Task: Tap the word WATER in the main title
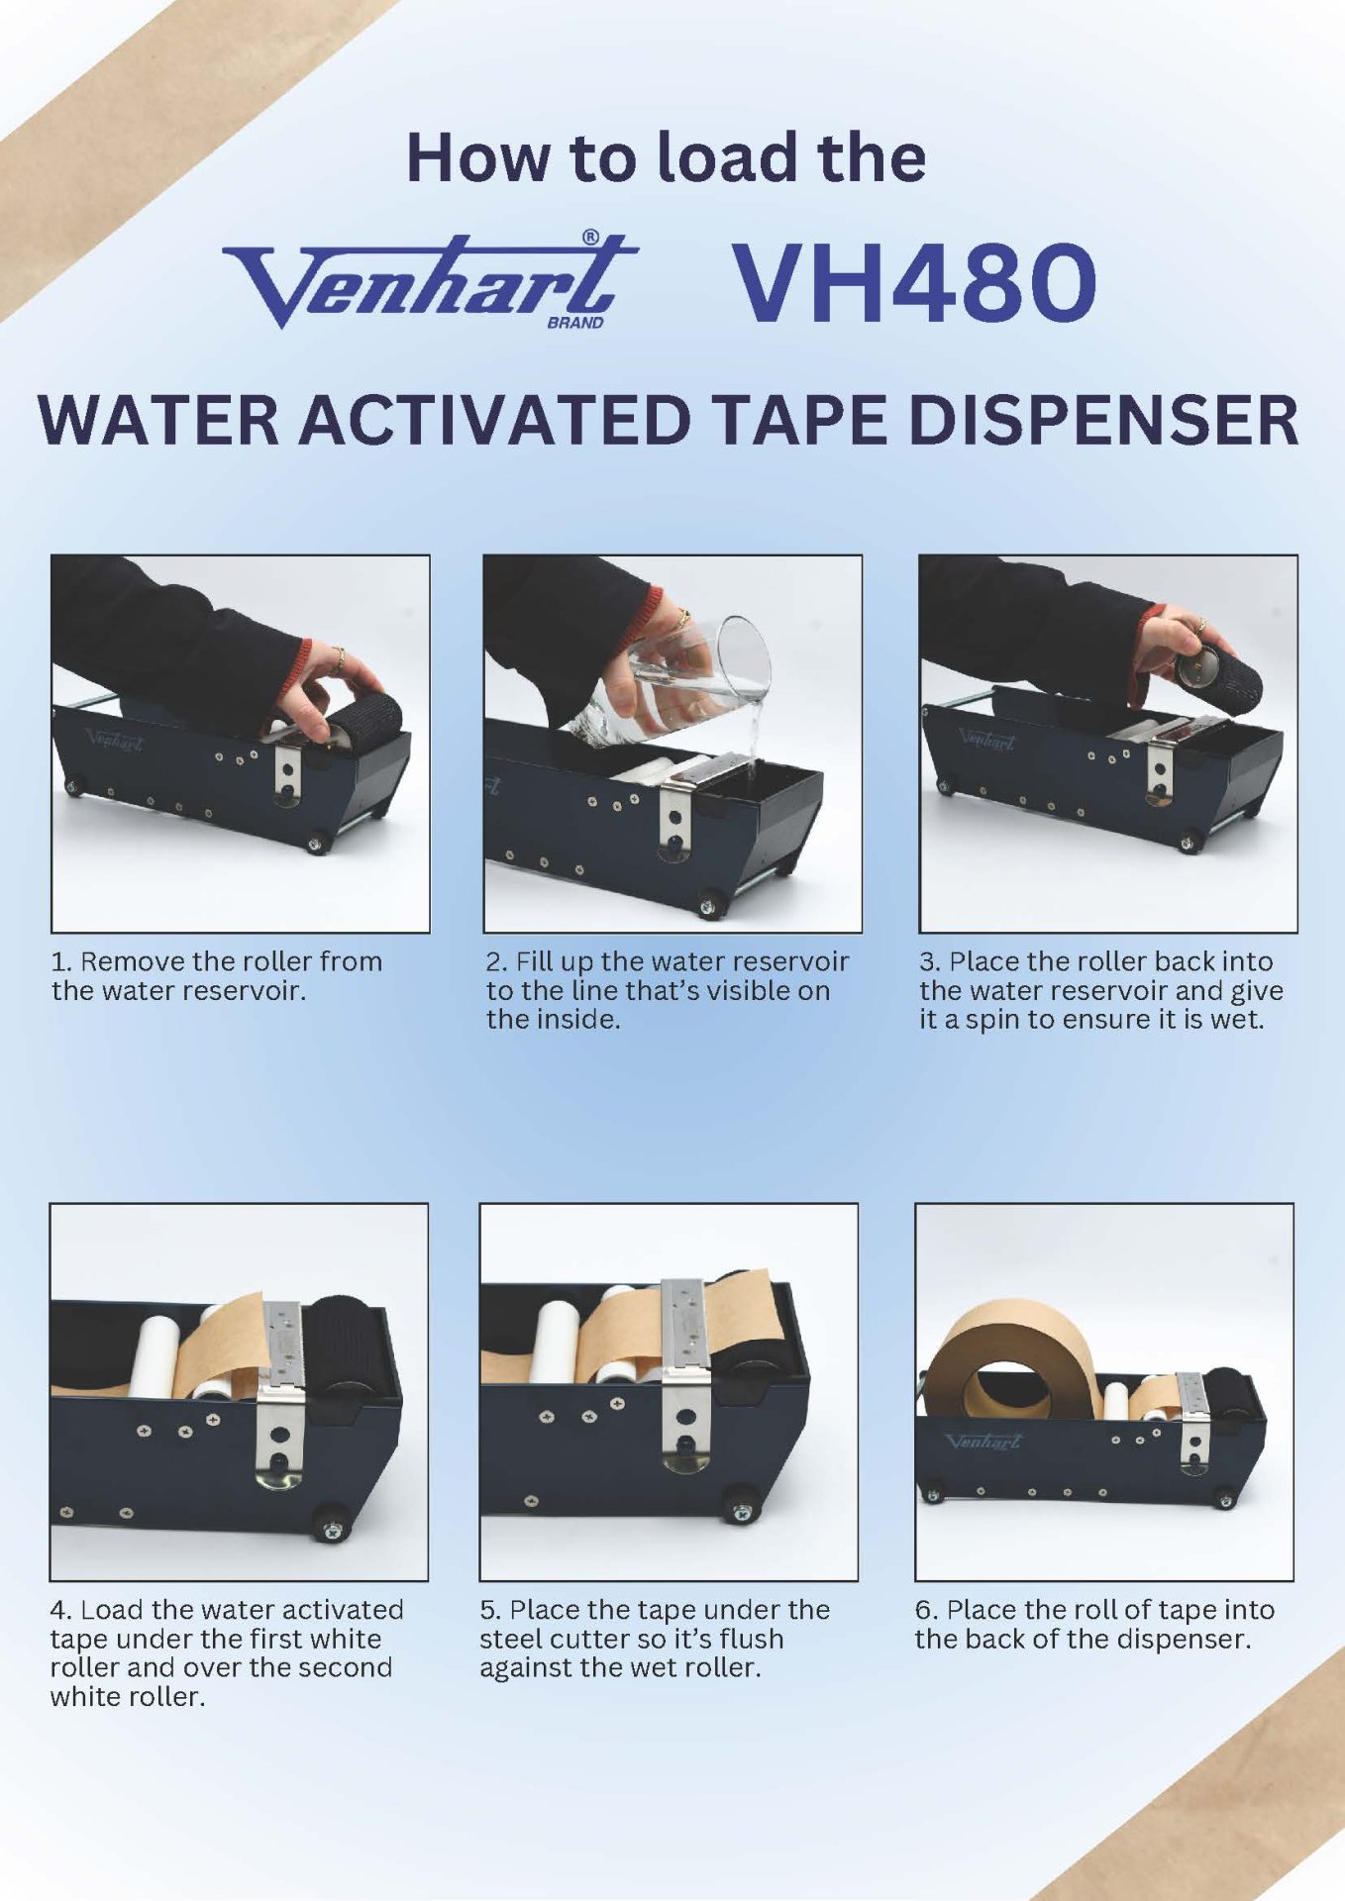tap(159, 420)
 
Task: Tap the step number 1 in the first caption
tap(60, 961)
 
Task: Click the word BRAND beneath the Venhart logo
tap(575, 322)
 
